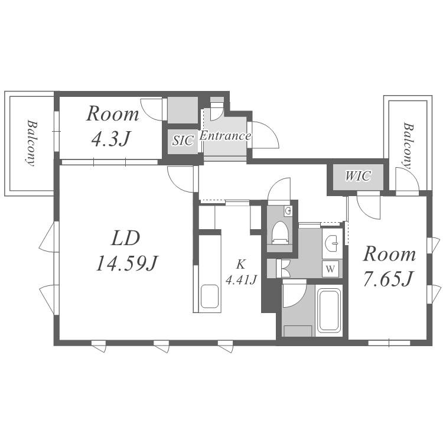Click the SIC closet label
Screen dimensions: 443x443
[x=183, y=141]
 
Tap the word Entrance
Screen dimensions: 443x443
[x=226, y=136]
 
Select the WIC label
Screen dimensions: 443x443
[x=358, y=176]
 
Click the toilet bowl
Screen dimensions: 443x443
[x=281, y=232]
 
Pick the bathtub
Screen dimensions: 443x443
[x=328, y=310]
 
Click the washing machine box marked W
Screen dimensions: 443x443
[x=331, y=269]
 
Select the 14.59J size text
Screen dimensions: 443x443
[x=127, y=263]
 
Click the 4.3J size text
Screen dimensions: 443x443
[x=111, y=138]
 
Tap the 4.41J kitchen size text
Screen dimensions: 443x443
[x=241, y=280]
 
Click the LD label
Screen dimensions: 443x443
[x=126, y=238]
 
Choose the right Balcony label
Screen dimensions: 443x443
[x=408, y=146]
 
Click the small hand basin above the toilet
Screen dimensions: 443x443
[x=288, y=210]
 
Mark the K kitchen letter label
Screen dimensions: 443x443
[x=241, y=265]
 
